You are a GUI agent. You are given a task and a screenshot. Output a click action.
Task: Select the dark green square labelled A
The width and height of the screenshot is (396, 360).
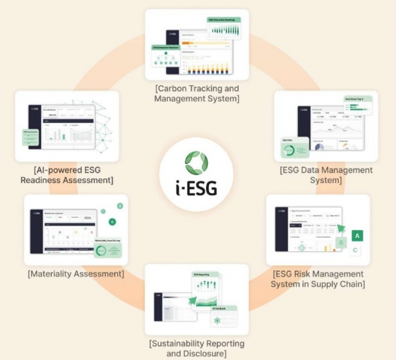(358, 235)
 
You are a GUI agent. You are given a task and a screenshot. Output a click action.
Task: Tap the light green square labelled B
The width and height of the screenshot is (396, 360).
(342, 241)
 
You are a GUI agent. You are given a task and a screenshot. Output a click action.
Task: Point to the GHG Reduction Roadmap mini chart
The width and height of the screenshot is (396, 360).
(224, 27)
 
